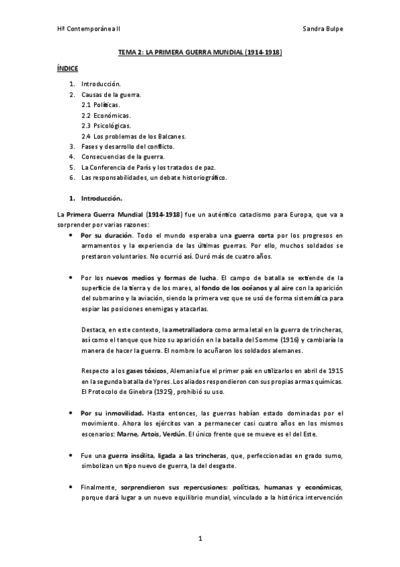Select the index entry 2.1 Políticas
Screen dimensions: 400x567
tap(101, 106)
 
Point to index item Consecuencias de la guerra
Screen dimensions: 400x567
tap(122, 156)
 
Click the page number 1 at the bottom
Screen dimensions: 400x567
tap(200, 538)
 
